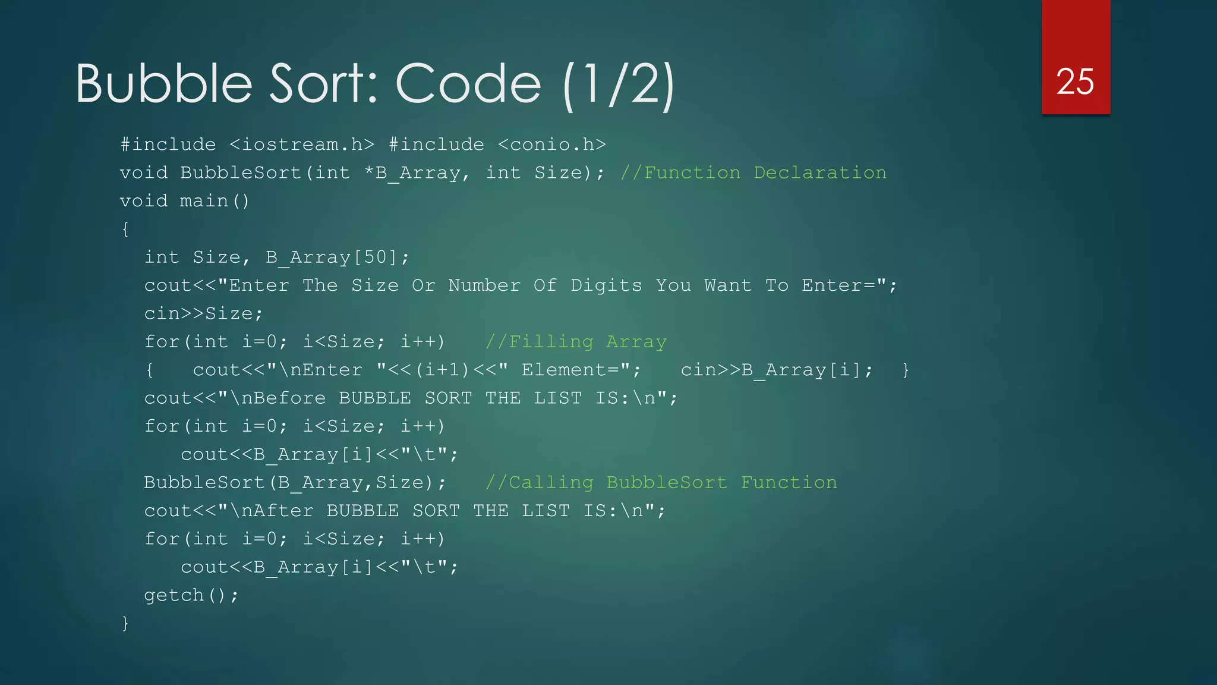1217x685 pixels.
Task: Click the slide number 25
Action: point(1075,81)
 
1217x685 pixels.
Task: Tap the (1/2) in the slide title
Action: point(619,84)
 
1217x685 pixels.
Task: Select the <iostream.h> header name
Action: point(302,144)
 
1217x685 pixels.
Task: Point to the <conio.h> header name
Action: point(552,144)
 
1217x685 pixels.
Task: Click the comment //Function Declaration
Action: point(753,172)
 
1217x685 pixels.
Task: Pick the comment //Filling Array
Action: point(576,342)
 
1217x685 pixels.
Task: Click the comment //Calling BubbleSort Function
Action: point(661,482)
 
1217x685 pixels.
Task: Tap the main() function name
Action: point(215,201)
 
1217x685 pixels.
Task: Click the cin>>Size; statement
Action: point(203,313)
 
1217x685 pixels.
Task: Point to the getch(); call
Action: point(191,595)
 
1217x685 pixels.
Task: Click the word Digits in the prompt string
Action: point(606,285)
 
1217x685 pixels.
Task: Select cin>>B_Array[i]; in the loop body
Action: point(777,370)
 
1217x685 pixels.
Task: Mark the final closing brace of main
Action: point(125,623)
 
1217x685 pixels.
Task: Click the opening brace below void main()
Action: point(125,229)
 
